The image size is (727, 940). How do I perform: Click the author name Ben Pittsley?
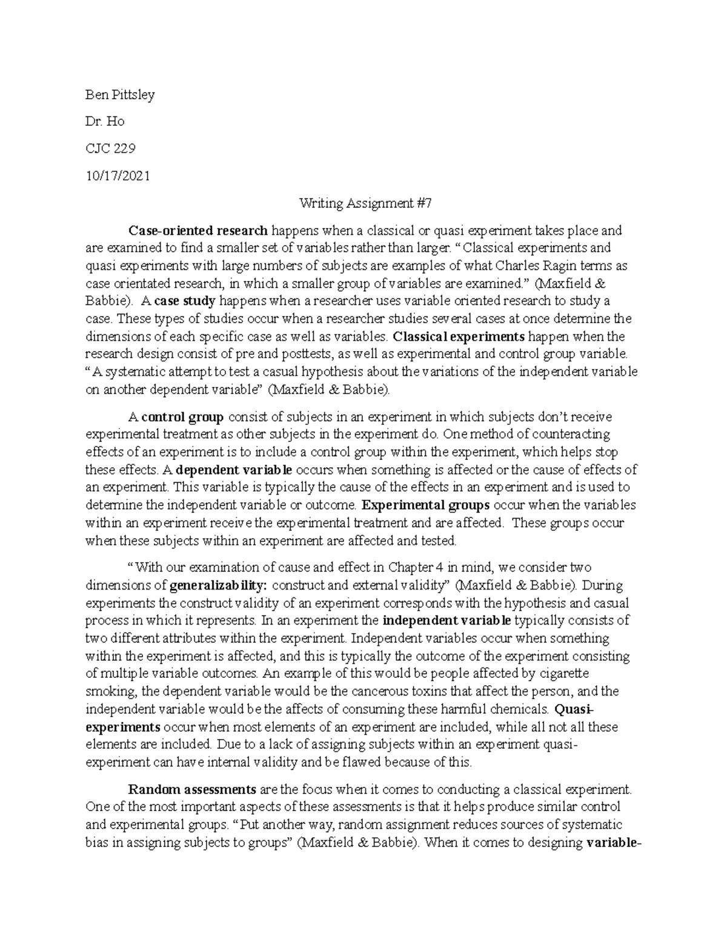pos(120,94)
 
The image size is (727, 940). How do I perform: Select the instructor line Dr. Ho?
pos(105,122)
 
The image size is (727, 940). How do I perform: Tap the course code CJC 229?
pos(110,149)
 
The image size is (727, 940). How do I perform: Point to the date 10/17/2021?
pos(118,176)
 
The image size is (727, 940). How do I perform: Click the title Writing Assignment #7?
pos(365,203)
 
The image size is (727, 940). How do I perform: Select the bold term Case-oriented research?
pos(198,231)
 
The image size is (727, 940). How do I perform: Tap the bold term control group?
pos(184,417)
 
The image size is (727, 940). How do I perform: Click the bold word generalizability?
pos(221,585)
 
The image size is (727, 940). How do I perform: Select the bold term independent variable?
pos(448,620)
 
